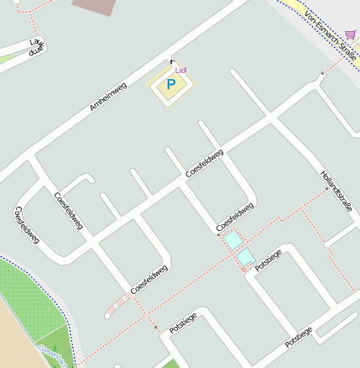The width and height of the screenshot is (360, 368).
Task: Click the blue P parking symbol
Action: pos(171,85)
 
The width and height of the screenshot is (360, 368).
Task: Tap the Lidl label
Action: pos(180,71)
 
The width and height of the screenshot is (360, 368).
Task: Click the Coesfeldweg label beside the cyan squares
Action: pos(234,216)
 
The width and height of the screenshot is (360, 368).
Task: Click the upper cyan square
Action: pos(232,240)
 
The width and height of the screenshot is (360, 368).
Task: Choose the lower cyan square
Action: pos(245,257)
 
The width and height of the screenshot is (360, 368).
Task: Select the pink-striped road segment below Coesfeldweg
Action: pos(119,305)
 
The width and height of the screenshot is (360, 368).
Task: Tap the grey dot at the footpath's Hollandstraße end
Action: pos(326,190)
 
